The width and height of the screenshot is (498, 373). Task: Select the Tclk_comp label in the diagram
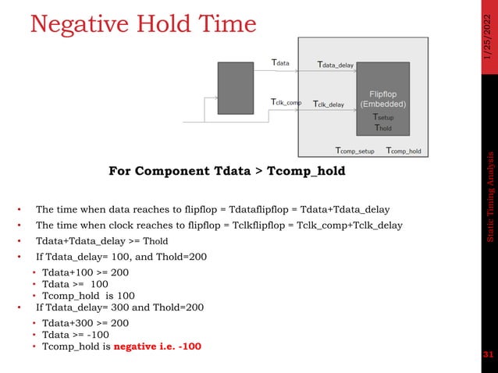coord(286,102)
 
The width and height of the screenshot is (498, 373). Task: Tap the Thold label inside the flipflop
coord(382,128)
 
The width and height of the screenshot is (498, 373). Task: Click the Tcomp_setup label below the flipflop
coord(354,151)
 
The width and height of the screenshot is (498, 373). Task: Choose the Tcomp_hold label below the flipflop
coord(404,151)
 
